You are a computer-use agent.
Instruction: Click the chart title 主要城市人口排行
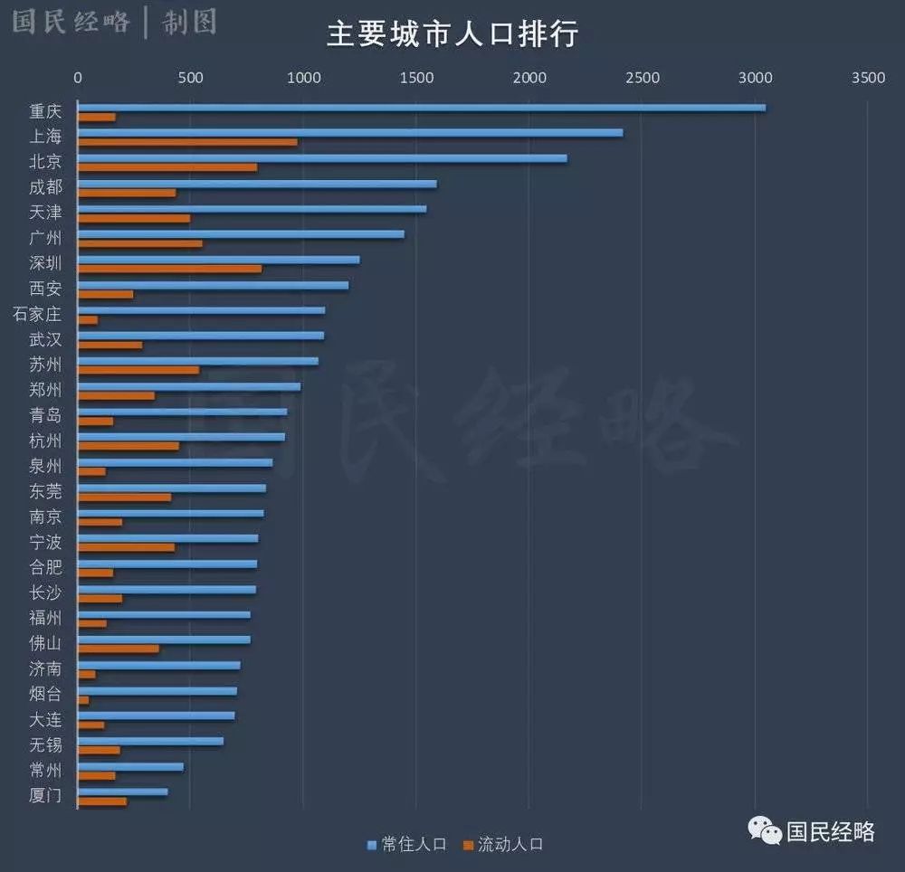[x=452, y=34]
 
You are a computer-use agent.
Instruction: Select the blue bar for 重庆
[x=421, y=108]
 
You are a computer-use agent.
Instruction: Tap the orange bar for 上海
[x=187, y=142]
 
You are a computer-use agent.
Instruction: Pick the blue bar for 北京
[x=321, y=158]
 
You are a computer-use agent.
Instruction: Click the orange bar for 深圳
[x=169, y=269]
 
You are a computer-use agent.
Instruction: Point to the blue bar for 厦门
[x=122, y=791]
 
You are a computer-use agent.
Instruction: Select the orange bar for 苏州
[x=138, y=370]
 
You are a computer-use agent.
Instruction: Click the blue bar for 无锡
[x=150, y=741]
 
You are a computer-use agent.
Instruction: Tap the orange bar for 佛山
[x=118, y=649]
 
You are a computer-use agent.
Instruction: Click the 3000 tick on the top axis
[x=755, y=79]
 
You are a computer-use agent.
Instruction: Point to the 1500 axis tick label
[x=416, y=79]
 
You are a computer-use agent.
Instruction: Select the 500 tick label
[x=190, y=79]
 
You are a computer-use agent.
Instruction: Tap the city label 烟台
[x=45, y=695]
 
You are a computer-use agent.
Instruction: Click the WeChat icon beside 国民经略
[x=764, y=830]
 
